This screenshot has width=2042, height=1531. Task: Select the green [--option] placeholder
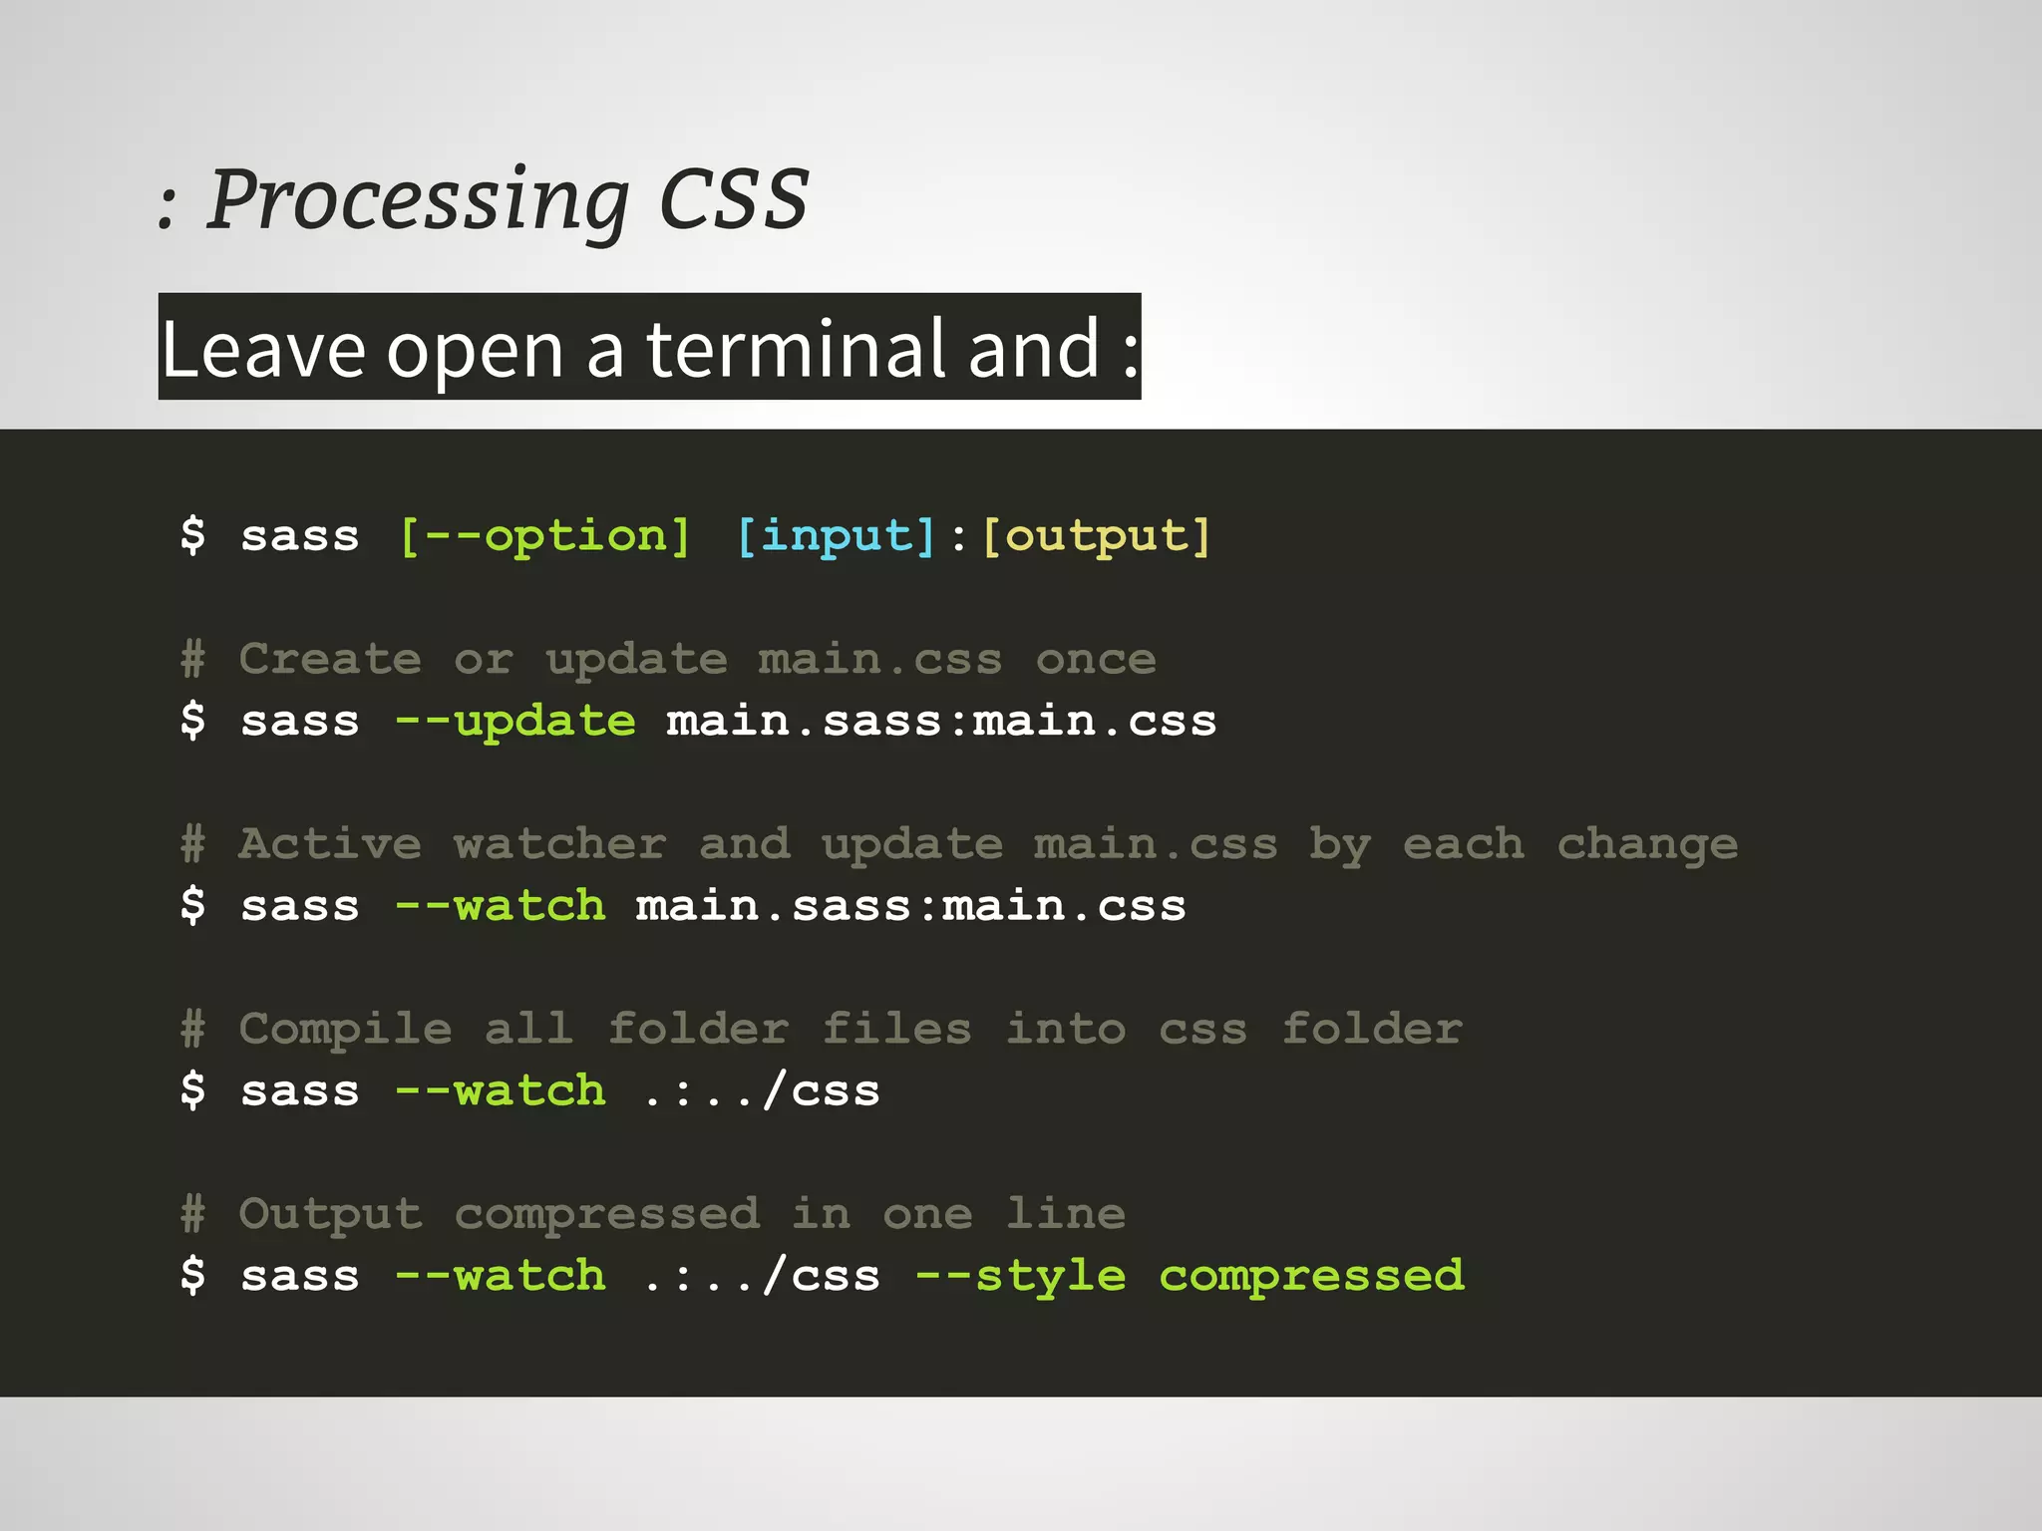(x=544, y=536)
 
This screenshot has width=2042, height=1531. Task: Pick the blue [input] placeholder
(x=837, y=536)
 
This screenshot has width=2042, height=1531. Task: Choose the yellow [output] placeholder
(x=1097, y=536)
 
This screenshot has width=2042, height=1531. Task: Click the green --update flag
(x=514, y=721)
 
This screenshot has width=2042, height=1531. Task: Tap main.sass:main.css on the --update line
(x=941, y=721)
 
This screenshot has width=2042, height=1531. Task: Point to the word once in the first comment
(x=1096, y=659)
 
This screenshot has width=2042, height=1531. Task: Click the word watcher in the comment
(x=559, y=844)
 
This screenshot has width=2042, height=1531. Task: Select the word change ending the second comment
(x=1647, y=844)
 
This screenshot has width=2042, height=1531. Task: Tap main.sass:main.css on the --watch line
(x=910, y=906)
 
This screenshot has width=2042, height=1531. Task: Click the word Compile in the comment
(x=345, y=1029)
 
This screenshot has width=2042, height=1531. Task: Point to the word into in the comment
(x=1065, y=1029)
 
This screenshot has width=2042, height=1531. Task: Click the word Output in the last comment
(x=330, y=1214)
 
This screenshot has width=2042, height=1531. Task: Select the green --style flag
(x=1021, y=1276)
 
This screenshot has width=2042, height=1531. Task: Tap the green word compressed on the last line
(x=1311, y=1276)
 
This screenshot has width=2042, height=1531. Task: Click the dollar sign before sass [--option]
(x=193, y=535)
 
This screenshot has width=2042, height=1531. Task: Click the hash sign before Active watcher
(x=193, y=844)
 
